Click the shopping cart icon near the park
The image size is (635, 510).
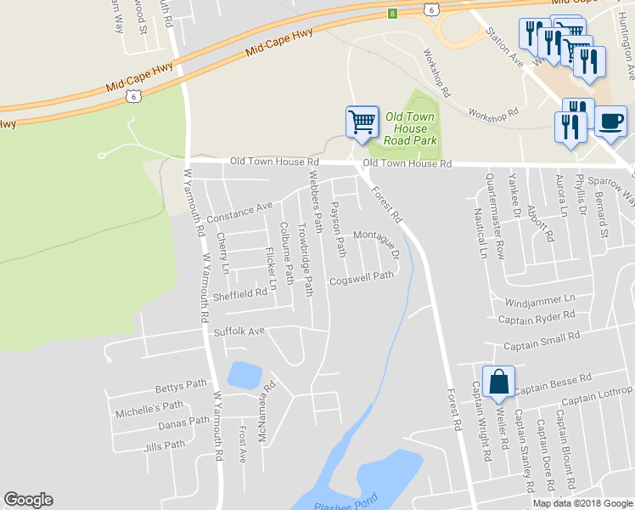click(362, 122)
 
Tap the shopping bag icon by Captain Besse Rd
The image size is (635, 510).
click(498, 382)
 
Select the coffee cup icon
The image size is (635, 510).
click(610, 121)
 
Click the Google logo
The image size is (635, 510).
click(28, 500)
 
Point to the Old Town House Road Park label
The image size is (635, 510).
click(409, 127)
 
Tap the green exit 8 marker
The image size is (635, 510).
click(392, 13)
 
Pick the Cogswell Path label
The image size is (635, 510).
click(362, 277)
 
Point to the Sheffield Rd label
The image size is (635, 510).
click(239, 295)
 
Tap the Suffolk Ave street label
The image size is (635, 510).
click(239, 331)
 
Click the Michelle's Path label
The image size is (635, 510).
click(149, 409)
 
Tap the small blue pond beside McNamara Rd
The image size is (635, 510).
click(244, 375)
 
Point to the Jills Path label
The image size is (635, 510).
click(165, 445)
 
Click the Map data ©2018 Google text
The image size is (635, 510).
click(582, 502)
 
